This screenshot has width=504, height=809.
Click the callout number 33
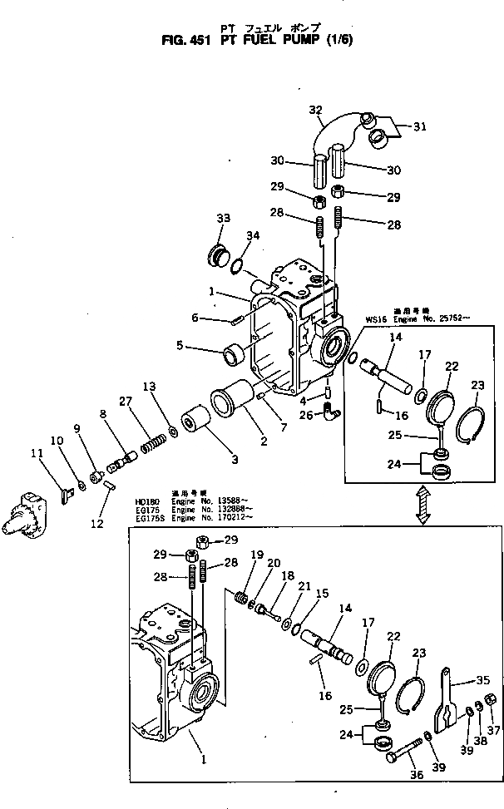coord(223,218)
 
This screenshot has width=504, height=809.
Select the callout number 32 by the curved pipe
coord(315,109)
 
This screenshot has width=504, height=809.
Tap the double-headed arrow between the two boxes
coord(423,505)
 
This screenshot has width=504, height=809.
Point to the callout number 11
coord(36,454)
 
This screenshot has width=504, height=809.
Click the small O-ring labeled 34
coord(236,267)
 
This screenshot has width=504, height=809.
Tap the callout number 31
coord(419,126)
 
